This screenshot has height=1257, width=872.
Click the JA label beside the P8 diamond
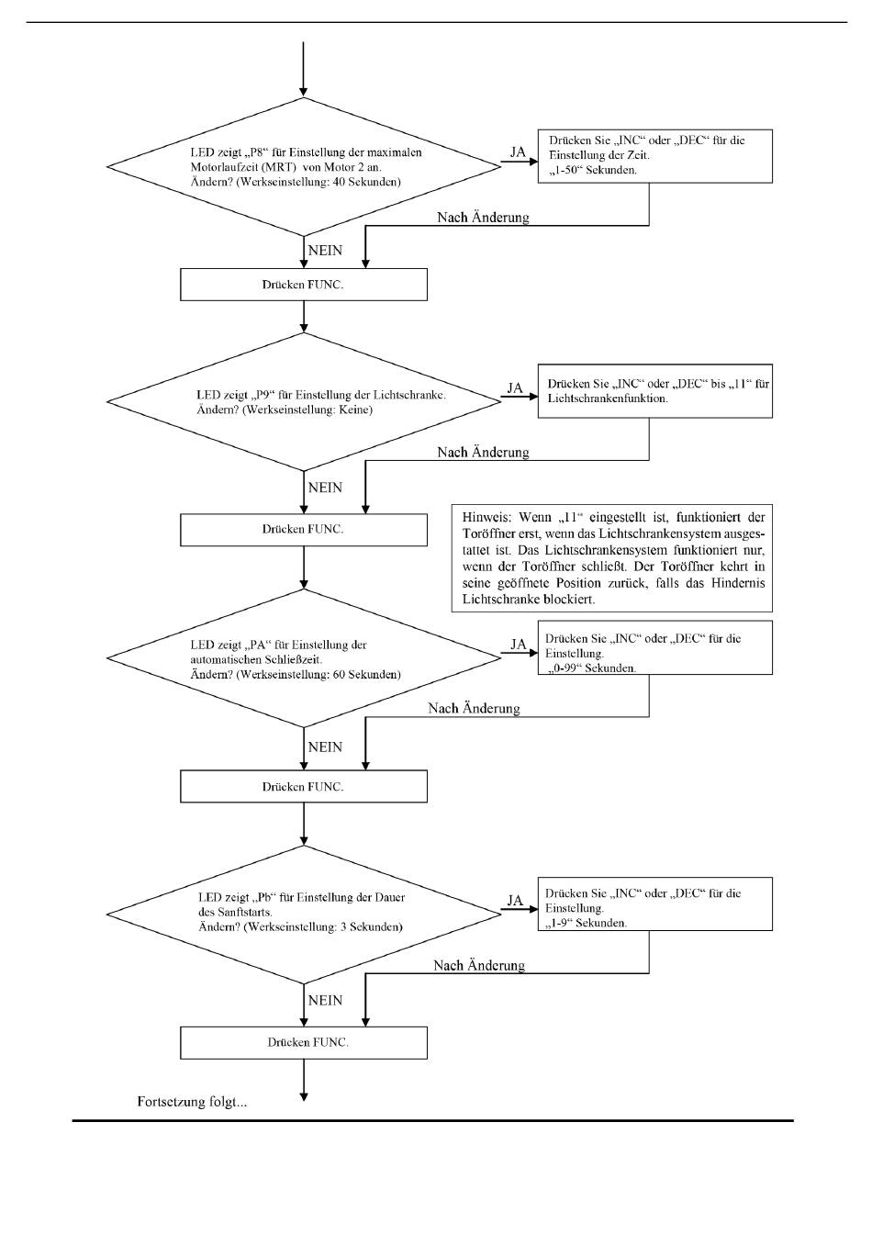518,152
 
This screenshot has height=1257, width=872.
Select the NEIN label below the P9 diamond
325,488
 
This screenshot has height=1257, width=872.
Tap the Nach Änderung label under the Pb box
479,966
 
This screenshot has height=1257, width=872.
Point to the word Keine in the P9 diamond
354,410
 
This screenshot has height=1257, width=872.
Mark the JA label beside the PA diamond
519,645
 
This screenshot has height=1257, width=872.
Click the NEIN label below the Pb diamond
325,1001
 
